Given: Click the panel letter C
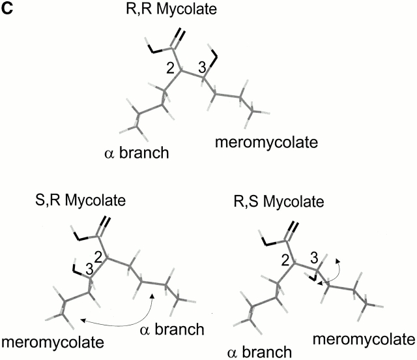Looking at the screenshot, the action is pos(8,9).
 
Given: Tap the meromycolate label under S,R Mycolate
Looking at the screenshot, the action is pos(51,341).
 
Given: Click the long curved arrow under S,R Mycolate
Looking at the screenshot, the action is pos(117,318).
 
